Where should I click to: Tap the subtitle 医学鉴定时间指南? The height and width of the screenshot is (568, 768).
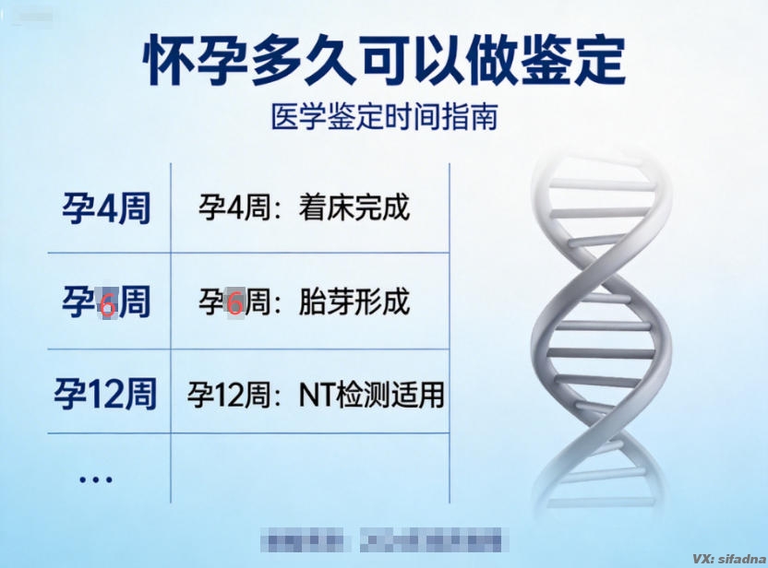[384, 118]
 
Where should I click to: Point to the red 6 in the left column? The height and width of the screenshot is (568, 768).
[107, 303]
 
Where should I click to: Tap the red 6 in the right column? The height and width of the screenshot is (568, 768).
[234, 302]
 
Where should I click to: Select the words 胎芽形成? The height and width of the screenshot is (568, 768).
[354, 302]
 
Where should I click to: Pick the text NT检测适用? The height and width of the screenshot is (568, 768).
[371, 396]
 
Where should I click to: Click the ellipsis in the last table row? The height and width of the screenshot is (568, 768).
[95, 479]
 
